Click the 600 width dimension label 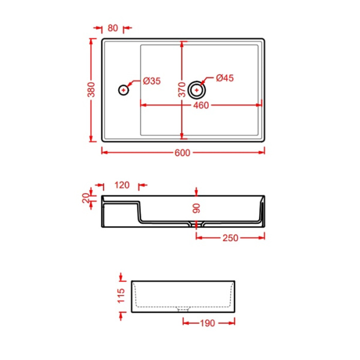pos(182,152)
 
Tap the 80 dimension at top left pos(112,28)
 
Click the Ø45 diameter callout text pos(224,78)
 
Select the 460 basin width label pos(201,106)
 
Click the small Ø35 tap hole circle pos(123,90)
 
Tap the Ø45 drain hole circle pos(196,90)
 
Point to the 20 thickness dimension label pos(86,197)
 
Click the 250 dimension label pos(231,238)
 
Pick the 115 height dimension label pos(122,295)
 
